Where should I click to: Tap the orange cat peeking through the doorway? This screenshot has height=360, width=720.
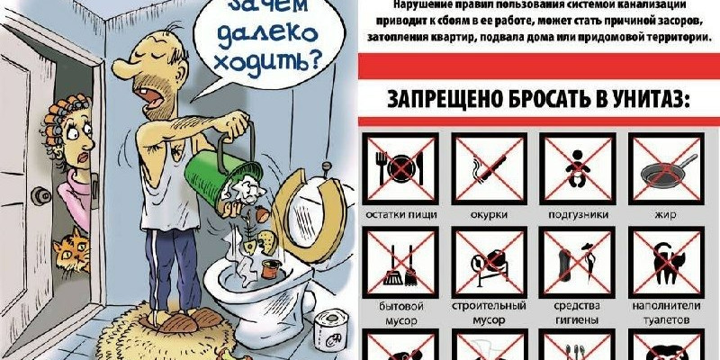pos(72,250)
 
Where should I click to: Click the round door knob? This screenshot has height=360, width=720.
pos(40,196)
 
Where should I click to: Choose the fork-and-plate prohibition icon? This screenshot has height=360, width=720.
pos(400,168)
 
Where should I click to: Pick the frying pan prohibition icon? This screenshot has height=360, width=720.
pos(666,168)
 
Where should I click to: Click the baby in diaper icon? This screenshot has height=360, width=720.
pos(577,168)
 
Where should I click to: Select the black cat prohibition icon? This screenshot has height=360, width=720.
pos(666,262)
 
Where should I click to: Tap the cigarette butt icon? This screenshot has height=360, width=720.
pos(489,168)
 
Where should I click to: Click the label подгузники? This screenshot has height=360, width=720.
pos(578,214)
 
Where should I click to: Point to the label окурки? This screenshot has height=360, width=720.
pos(489,214)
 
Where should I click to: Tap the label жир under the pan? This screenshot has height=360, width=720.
pos(666,215)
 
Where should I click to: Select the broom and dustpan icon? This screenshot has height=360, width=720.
pos(400,262)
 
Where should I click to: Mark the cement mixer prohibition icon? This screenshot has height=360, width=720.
pos(489,262)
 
